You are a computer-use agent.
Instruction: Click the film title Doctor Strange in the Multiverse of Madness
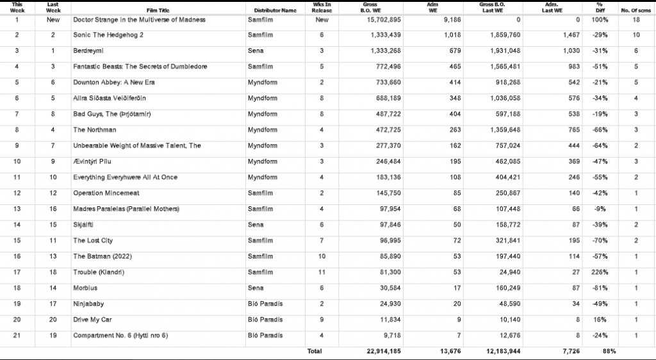click(139, 20)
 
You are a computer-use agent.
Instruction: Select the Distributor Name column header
click(275, 11)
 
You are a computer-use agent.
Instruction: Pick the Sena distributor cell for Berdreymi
click(255, 50)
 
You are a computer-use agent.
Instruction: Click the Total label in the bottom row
click(314, 351)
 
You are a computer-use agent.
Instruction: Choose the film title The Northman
click(95, 129)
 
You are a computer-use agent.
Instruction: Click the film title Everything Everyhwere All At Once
click(125, 177)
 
